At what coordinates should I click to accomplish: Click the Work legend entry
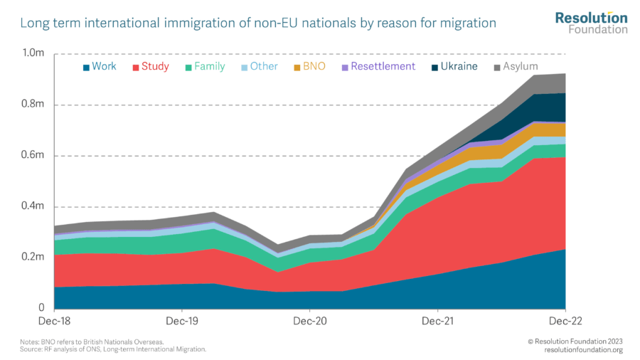pos(100,67)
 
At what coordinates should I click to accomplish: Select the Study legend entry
pos(149,67)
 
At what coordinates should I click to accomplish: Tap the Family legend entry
pos(204,67)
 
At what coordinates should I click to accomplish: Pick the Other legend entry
pos(258,67)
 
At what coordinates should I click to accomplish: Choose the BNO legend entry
pos(309,67)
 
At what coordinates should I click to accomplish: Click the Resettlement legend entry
pos(378,67)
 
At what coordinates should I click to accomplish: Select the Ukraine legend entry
pos(452,67)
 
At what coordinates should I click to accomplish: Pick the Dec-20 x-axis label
pos(310,322)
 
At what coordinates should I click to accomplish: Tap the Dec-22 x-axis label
pos(565,322)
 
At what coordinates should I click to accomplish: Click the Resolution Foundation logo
pos(591,23)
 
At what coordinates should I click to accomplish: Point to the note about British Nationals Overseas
pos(92,342)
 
